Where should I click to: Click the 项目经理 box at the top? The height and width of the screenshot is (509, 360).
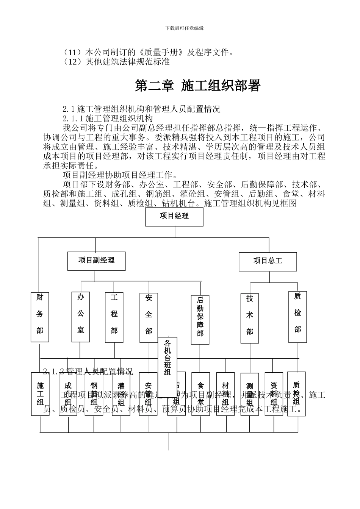pos(174,217)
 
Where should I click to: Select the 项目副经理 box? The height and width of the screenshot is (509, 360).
pos(96,261)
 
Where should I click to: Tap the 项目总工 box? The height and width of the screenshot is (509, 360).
pos(268,261)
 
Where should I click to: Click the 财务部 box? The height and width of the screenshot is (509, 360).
pos(40,317)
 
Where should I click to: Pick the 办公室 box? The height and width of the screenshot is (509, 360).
pos(81,317)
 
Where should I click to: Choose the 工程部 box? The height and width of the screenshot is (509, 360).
pos(114,317)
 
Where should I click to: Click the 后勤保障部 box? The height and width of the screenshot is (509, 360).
pos(200,320)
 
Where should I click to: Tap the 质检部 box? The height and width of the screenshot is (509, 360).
pos(297,317)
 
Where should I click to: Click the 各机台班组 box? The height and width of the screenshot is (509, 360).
pos(167,358)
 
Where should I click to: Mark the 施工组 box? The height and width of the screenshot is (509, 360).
pos(40,394)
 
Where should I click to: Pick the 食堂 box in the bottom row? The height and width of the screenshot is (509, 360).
pos(200,394)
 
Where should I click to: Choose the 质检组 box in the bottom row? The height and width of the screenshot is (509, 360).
pos(296,394)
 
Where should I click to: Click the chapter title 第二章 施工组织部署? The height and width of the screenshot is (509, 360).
pos(197,86)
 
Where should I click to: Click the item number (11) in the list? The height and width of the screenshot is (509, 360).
pos(73,52)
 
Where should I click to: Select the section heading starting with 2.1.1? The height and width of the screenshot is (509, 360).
pos(108,119)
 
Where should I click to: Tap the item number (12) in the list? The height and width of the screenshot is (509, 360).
pos(73,61)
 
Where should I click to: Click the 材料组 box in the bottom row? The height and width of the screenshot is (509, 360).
pos(225,394)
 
